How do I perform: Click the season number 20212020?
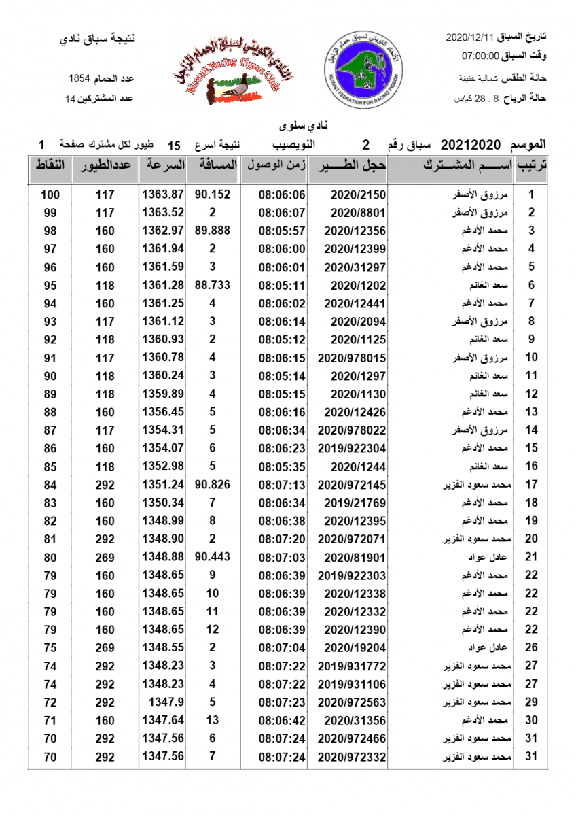(470, 145)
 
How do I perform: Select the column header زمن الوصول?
(273, 166)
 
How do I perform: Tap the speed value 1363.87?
(163, 194)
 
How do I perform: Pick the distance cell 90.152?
(213, 194)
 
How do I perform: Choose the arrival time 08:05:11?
(282, 285)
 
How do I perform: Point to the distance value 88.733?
(213, 285)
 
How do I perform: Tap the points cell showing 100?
(50, 194)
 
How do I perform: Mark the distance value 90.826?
(213, 484)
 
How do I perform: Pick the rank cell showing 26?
(532, 647)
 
